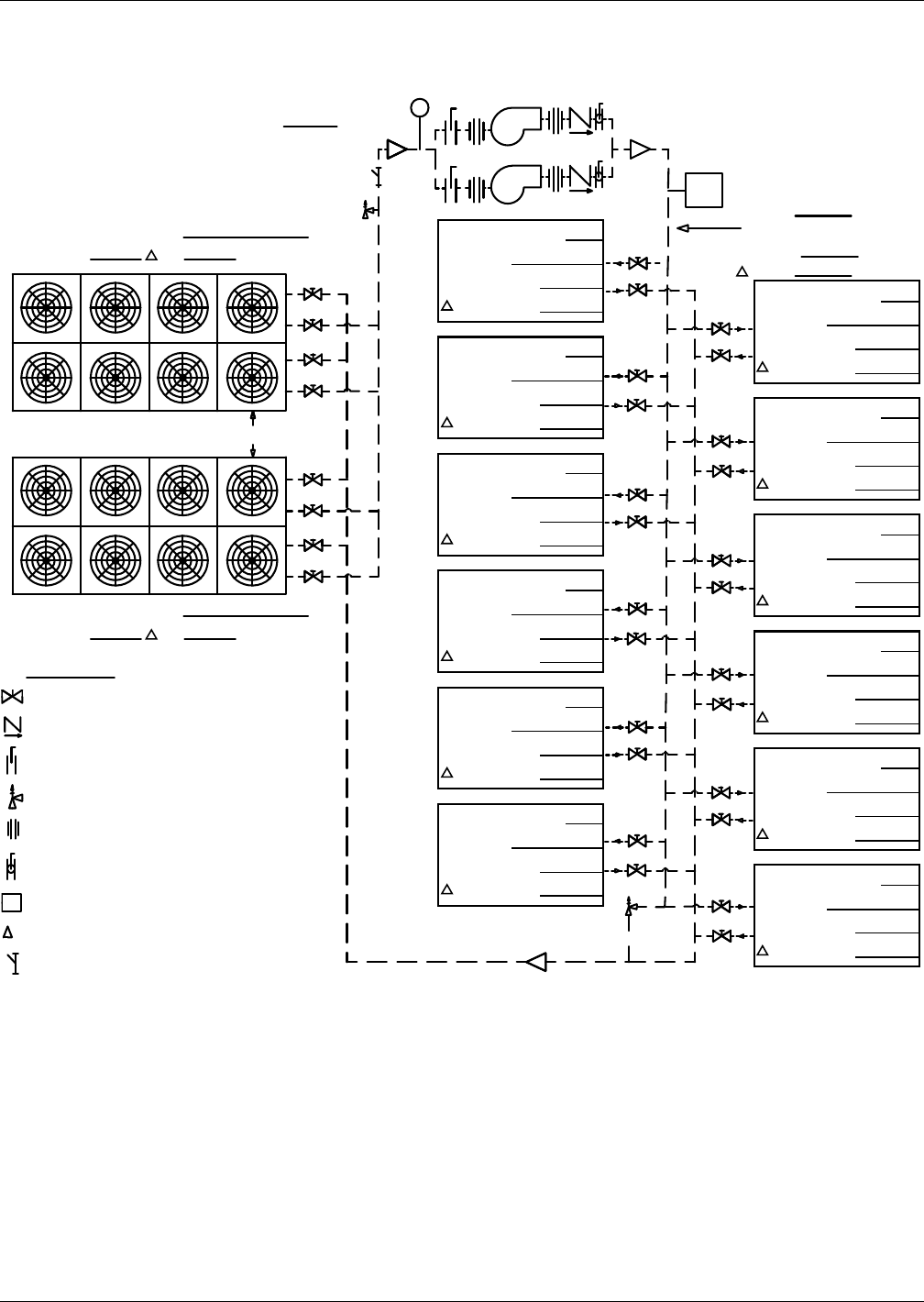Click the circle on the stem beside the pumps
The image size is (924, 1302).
click(420, 107)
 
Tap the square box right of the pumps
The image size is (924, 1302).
click(705, 190)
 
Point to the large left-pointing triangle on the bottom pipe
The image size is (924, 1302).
click(537, 961)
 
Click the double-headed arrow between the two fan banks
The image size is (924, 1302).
click(253, 434)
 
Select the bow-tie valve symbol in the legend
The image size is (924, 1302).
click(12, 696)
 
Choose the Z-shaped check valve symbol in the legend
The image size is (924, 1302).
click(12, 726)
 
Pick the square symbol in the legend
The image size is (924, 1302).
click(11, 902)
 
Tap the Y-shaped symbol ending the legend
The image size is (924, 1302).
click(12, 963)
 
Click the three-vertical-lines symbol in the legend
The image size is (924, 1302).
click(12, 829)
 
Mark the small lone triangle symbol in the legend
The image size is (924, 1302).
click(8, 932)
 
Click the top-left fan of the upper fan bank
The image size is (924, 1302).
click(47, 307)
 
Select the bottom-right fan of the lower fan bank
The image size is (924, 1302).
click(252, 559)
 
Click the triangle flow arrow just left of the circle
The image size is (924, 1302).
click(397, 149)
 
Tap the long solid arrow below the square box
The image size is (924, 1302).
click(708, 227)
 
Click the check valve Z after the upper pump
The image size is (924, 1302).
click(579, 119)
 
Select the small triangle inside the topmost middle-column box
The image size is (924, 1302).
click(446, 306)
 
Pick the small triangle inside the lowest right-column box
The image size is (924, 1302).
click(762, 951)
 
